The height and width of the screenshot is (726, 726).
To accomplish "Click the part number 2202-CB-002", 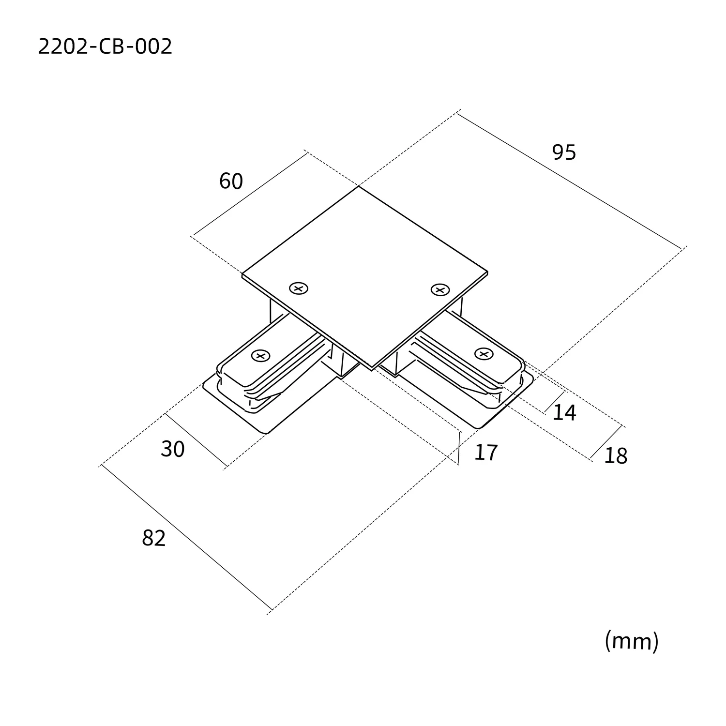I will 105,47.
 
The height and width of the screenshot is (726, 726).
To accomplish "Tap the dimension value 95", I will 564,152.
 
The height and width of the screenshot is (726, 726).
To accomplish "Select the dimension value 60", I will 231,181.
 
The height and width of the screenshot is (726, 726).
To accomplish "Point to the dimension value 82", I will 154,538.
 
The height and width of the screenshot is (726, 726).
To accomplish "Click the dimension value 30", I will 173,449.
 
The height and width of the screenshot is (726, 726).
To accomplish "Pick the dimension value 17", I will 486,453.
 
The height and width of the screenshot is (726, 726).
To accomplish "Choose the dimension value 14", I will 564,412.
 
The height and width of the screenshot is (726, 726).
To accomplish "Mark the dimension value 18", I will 616,456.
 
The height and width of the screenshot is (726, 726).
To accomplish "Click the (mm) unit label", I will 632,641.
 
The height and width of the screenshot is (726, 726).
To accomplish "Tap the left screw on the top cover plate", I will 299,288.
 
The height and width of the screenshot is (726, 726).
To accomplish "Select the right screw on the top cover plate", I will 440,289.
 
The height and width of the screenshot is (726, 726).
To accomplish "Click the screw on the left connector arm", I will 260,356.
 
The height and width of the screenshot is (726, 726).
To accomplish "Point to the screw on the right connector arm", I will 483,353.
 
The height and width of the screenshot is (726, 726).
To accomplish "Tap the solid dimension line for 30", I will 196,440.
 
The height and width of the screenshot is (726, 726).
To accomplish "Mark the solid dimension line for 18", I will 606,442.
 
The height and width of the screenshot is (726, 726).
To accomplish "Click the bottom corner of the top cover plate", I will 372,368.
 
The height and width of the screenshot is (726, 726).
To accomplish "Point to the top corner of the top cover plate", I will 359,187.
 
